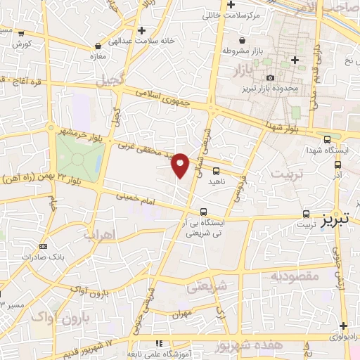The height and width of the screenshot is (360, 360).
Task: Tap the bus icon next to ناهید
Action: pyautogui.click(x=216, y=170)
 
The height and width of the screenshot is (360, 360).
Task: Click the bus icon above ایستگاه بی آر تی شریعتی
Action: pyautogui.click(x=203, y=211)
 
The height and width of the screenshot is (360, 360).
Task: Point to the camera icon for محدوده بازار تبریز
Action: pyautogui.click(x=271, y=78)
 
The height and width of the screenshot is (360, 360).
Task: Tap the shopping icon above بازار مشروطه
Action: pyautogui.click(x=243, y=41)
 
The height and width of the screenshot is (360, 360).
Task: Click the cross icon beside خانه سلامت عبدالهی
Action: pyautogui.click(x=143, y=31)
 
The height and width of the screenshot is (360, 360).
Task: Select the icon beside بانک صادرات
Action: pyautogui.click(x=44, y=246)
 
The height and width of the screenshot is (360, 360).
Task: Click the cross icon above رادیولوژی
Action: pyautogui.click(x=342, y=326)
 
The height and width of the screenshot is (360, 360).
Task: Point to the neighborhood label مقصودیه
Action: pyautogui.click(x=295, y=276)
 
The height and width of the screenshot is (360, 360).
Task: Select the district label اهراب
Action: pyautogui.click(x=98, y=236)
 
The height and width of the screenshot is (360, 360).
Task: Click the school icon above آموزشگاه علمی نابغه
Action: pyautogui.click(x=159, y=343)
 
